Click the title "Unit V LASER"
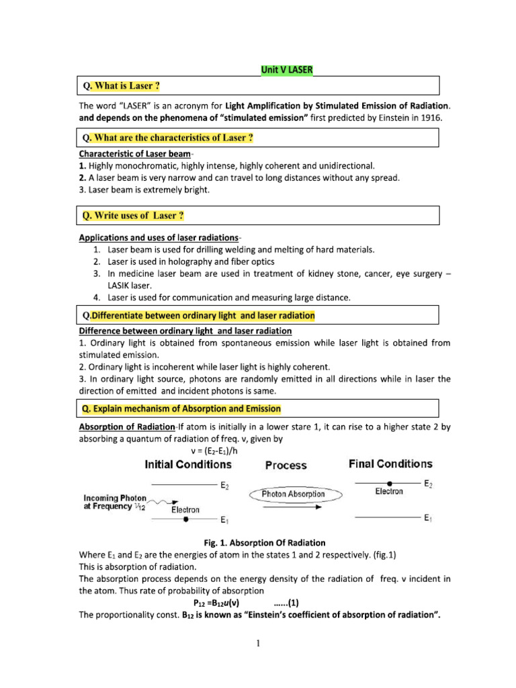click(286, 69)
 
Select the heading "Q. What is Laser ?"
click(121, 86)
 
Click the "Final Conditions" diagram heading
click(390, 464)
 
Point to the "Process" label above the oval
click(286, 465)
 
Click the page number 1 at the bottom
click(258, 644)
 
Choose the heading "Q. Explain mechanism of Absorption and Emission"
click(181, 408)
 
